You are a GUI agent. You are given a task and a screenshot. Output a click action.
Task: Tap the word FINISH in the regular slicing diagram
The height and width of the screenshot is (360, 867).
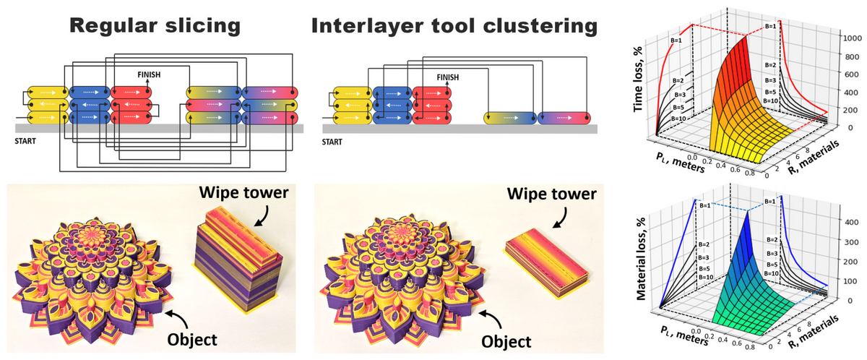coord(150,74)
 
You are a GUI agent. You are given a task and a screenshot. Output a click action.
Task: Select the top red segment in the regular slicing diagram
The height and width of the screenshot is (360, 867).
coord(132,93)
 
